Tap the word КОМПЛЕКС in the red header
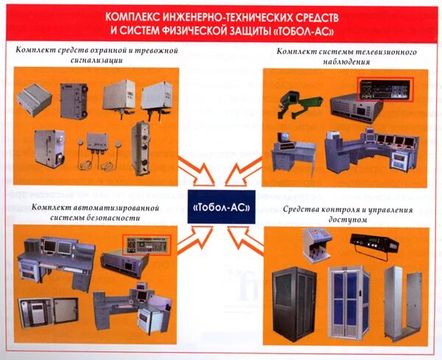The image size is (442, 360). tap(130, 15)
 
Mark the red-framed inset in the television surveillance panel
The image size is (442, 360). tap(382, 90)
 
